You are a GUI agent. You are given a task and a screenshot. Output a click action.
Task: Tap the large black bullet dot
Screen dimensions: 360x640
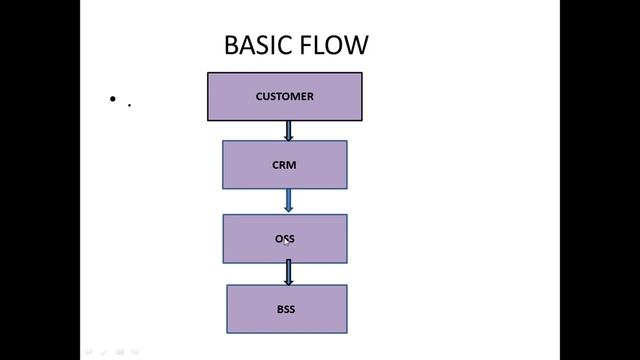tap(113, 99)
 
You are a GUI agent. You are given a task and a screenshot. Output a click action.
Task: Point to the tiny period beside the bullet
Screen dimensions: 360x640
tap(129, 103)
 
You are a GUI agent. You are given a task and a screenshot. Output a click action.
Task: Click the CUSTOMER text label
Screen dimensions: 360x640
tap(284, 97)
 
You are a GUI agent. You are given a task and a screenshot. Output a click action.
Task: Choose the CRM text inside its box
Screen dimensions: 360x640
tap(284, 165)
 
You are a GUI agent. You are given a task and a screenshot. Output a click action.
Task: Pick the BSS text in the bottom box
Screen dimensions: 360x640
tap(286, 309)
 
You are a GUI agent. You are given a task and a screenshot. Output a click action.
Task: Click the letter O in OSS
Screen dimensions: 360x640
tap(279, 239)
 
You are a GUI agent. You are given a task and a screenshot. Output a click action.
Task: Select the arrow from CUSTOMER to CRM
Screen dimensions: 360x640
tap(288, 131)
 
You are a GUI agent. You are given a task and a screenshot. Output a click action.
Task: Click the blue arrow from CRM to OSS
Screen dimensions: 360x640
tap(288, 201)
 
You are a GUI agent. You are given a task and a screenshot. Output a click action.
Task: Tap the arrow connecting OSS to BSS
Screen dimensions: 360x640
tap(288, 273)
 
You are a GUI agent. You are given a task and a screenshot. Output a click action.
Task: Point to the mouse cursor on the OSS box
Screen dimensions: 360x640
tap(285, 241)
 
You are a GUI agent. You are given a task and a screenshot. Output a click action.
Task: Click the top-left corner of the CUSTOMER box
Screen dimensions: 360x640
tap(208, 73)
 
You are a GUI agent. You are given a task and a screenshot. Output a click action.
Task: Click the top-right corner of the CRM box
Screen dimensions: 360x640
tap(347, 141)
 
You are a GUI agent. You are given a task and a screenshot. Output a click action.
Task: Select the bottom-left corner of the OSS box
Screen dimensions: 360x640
tap(223, 263)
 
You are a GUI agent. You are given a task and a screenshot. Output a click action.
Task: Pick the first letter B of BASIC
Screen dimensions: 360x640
tap(231, 45)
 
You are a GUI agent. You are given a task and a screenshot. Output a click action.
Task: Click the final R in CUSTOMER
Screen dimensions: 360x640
tap(310, 97)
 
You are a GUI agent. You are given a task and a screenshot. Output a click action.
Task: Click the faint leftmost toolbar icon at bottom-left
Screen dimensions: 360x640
tap(87, 351)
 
